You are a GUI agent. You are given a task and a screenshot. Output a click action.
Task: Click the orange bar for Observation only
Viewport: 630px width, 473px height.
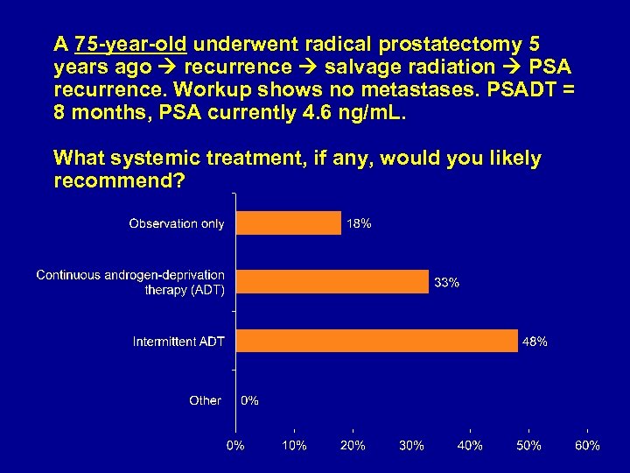pyautogui.click(x=289, y=223)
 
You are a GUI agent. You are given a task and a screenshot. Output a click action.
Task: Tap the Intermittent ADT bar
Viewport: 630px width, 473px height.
pyautogui.click(x=377, y=341)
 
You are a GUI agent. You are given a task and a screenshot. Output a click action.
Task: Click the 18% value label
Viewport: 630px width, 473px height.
pyautogui.click(x=359, y=223)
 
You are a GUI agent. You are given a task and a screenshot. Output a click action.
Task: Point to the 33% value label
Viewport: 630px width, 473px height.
pyautogui.click(x=447, y=282)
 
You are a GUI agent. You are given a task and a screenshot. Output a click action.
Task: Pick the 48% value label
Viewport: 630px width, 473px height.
pyautogui.click(x=535, y=342)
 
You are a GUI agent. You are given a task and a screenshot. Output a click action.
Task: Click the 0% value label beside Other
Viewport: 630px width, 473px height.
pyautogui.click(x=249, y=400)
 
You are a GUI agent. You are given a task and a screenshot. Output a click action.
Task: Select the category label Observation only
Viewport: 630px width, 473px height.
pyautogui.click(x=176, y=223)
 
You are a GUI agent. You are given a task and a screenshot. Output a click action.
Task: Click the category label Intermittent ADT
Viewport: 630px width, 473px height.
pyautogui.click(x=178, y=341)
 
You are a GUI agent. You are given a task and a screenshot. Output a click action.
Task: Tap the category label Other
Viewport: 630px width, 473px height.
pyautogui.click(x=205, y=400)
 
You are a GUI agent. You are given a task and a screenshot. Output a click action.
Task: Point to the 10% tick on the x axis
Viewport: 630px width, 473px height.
pyautogui.click(x=294, y=446)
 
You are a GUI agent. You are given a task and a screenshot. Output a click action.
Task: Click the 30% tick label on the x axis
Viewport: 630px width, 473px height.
pyautogui.click(x=411, y=446)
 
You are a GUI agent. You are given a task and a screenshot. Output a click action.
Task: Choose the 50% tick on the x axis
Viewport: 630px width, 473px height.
pyautogui.click(x=528, y=446)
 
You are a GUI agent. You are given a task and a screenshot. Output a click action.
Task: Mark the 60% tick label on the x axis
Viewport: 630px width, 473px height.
pyautogui.click(x=587, y=446)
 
